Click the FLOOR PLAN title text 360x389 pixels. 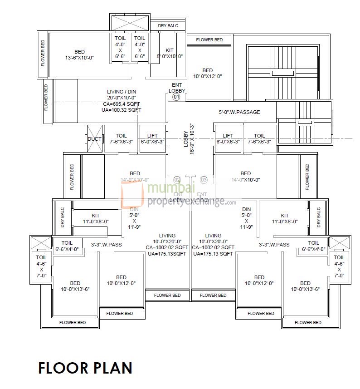85,367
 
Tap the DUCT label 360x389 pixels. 94,139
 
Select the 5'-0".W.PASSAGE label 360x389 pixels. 239,112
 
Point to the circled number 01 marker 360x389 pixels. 177,97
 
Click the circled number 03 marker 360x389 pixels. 204,180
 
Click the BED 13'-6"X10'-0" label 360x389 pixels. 79,54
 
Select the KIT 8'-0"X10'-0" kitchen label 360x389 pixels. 170,54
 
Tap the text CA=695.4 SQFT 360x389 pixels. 122,103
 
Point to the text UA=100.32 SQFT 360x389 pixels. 122,110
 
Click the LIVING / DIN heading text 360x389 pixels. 122,91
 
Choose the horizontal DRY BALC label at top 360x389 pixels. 168,26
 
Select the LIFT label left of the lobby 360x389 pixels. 152,138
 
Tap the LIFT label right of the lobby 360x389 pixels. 228,138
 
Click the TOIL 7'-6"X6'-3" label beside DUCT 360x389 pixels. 121,138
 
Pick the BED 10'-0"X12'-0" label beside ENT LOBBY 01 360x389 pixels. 207,74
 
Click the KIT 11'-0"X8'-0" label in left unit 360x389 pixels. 96,219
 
